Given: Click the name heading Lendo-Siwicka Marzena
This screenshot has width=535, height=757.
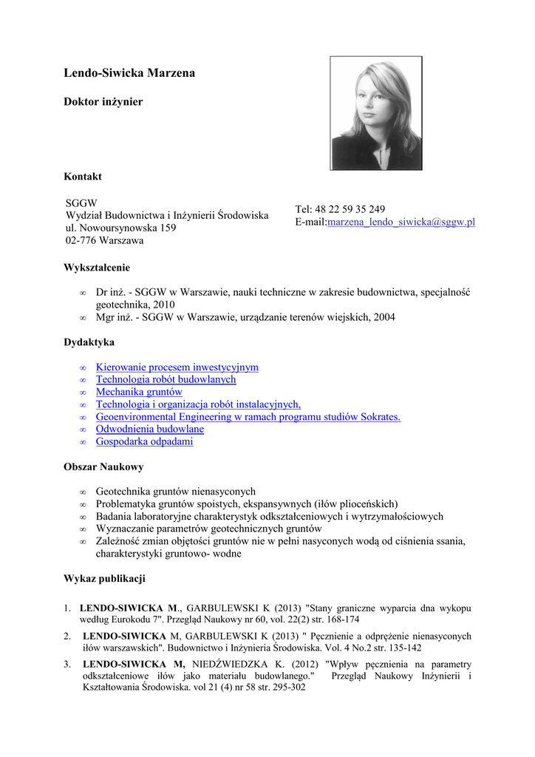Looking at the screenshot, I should (x=129, y=73).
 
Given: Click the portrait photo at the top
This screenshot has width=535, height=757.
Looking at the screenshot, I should (x=376, y=112).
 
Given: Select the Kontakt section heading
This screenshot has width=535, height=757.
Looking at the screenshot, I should (x=83, y=177).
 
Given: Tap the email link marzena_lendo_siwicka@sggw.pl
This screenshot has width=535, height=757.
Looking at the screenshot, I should (x=401, y=222).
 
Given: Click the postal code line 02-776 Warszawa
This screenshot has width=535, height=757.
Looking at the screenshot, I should (x=104, y=240).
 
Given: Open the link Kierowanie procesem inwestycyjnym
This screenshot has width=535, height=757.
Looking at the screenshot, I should (x=177, y=367).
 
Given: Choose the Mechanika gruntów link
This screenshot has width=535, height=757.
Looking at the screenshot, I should (x=139, y=392).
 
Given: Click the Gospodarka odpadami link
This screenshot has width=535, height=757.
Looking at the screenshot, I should (x=144, y=441).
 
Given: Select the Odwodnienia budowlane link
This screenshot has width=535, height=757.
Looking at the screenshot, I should (x=150, y=429).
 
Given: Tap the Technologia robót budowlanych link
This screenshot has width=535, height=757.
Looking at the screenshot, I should (x=166, y=379).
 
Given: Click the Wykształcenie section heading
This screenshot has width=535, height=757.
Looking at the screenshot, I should (x=97, y=268).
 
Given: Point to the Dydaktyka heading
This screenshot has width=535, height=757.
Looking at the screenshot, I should (x=89, y=342).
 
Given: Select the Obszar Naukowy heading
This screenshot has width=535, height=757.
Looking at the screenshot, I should (x=103, y=467).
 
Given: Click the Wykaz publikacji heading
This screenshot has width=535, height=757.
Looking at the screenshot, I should (x=104, y=577).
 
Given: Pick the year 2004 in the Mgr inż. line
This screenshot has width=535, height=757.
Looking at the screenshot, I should (x=383, y=317).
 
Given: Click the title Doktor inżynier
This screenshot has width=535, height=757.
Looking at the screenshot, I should (x=103, y=101).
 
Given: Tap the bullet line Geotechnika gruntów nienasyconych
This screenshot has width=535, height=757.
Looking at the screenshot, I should (x=176, y=491).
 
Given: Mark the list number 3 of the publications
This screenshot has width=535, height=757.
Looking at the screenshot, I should (x=67, y=664).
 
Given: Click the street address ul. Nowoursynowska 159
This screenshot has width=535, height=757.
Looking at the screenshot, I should (x=120, y=228).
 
